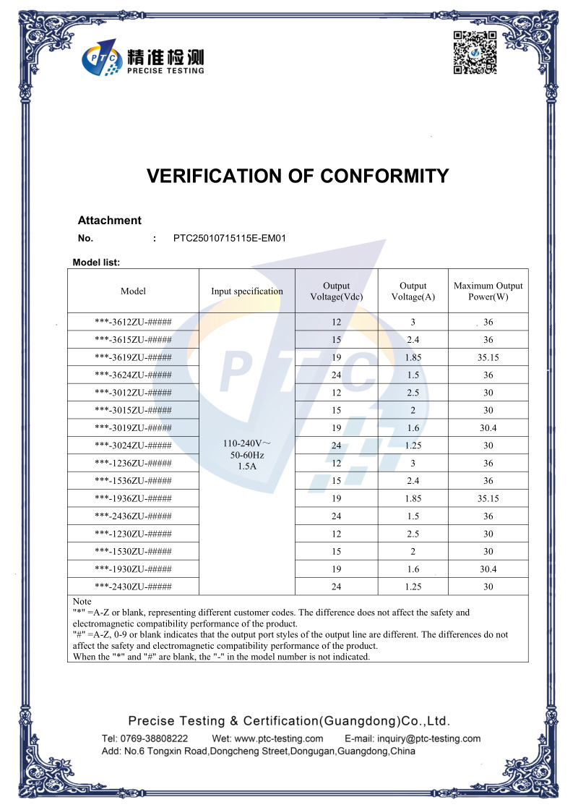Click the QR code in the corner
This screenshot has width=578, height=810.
475,53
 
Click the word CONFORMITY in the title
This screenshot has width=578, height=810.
384,176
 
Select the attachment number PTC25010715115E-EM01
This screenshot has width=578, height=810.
230,238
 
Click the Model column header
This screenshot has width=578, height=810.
133,291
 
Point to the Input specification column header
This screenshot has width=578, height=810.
247,291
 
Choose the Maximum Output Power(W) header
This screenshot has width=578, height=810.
488,291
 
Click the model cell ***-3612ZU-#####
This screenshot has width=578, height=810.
133,322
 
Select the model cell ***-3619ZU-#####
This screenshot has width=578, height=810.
133,357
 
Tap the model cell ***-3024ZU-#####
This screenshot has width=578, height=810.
133,445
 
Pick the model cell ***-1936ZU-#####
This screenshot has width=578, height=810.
133,498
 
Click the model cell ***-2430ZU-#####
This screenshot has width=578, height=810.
133,587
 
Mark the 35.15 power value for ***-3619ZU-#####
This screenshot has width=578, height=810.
488,357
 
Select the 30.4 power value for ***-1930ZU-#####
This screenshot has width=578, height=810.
488,569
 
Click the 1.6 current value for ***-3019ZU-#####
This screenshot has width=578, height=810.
413,428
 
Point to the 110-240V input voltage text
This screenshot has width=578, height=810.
246,443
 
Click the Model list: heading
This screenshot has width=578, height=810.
96,263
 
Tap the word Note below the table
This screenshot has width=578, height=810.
82,602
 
